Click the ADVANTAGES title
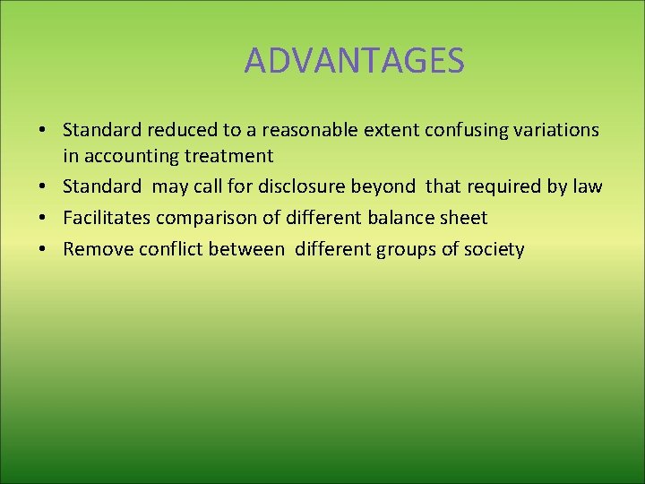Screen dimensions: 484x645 (x=354, y=61)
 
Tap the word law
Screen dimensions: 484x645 (x=588, y=187)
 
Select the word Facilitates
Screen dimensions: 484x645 (x=107, y=218)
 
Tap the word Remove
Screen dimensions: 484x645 (x=98, y=249)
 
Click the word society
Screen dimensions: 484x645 (x=494, y=249)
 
